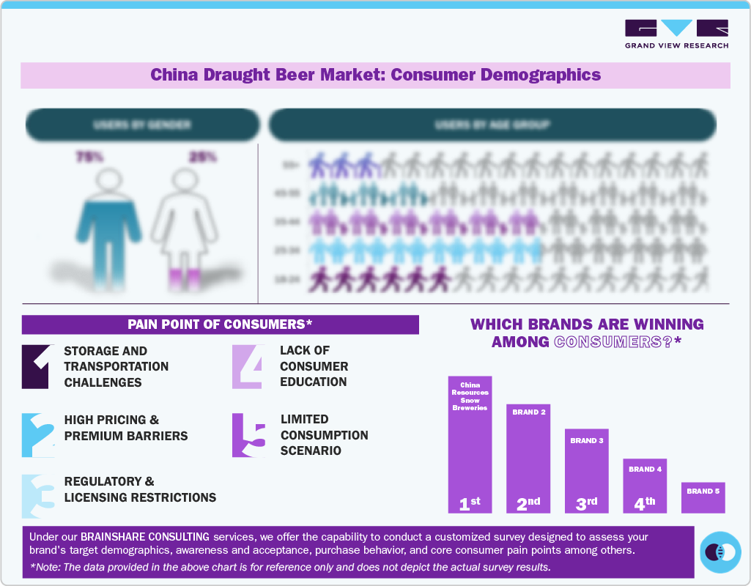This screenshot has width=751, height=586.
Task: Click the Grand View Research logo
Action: pos(676,34)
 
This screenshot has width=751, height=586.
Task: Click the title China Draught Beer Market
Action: pos(375,75)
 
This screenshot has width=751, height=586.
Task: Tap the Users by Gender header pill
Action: pos(142,125)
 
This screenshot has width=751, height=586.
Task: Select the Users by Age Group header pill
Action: pos(492,125)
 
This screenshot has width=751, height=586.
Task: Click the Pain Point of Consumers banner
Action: pos(220,324)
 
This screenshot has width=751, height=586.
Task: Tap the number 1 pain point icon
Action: pos(36,366)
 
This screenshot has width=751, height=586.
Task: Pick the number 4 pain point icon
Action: pos(247,366)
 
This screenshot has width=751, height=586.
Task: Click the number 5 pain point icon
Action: pos(248,435)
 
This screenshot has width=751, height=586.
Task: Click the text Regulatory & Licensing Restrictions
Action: pos(140,489)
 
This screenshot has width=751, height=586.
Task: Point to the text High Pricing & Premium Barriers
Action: pos(126,428)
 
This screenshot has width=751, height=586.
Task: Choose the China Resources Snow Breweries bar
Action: pos(470,445)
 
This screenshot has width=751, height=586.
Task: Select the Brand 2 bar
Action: pos(528,459)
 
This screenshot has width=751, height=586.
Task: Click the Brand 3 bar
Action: pos(586,470)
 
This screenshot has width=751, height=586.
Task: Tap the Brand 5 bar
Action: pos(703,497)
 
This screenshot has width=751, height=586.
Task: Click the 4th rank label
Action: pos(645,503)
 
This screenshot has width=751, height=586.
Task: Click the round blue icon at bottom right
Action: pos(720,552)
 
